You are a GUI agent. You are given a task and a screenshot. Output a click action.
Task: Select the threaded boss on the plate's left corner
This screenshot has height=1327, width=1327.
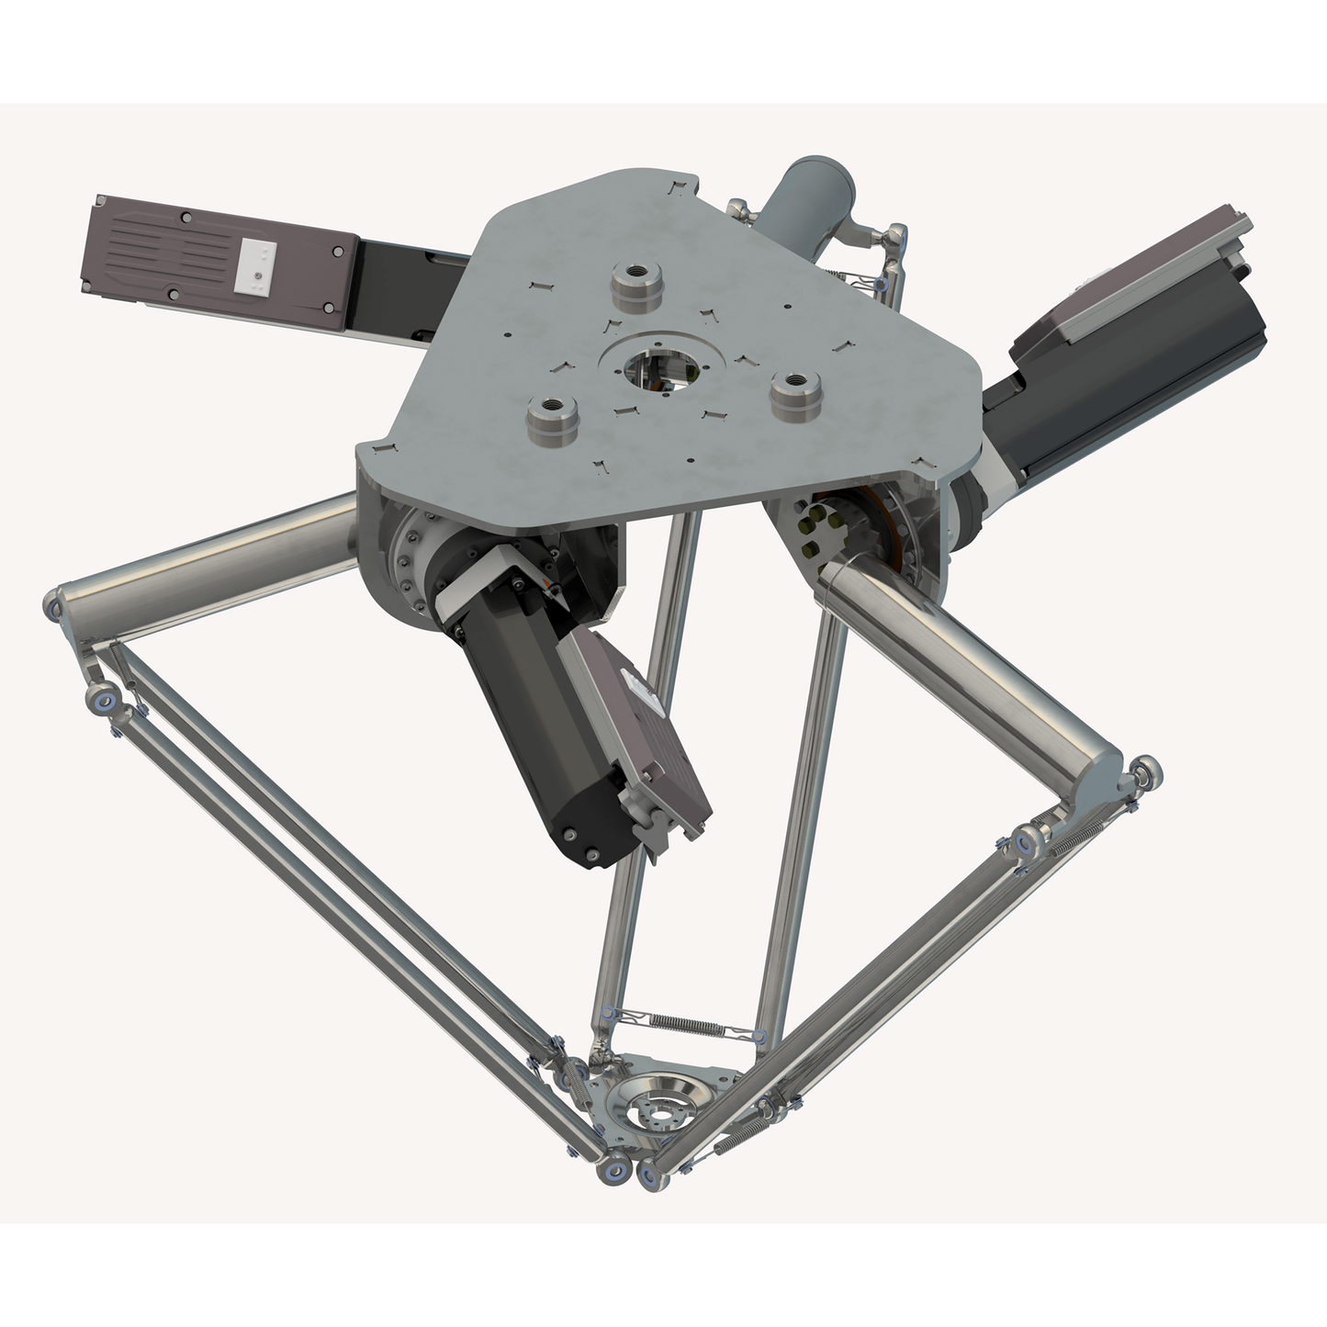[549, 420]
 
